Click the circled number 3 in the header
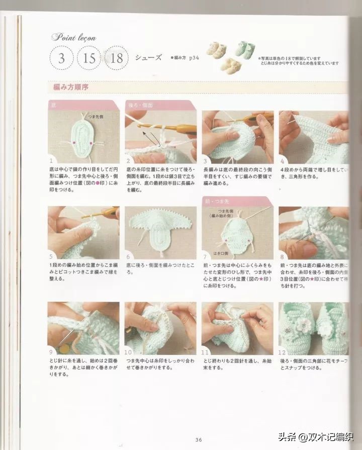62,58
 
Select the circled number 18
117,58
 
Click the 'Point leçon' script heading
73,37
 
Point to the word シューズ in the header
148,58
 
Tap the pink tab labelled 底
54,106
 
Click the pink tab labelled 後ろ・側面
140,106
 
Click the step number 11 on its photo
205,351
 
